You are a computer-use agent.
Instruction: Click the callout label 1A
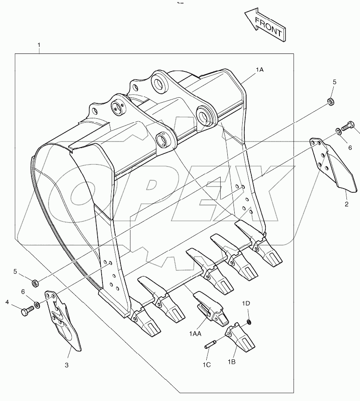(261, 70)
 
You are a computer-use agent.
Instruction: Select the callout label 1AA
(195, 334)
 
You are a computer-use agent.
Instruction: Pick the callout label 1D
(246, 304)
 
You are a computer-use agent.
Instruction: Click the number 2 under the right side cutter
(346, 204)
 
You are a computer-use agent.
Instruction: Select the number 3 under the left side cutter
(67, 365)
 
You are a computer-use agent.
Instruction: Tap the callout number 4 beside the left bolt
(7, 302)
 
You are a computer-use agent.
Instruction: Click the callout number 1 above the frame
(39, 45)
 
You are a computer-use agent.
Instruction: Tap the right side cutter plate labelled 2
(333, 167)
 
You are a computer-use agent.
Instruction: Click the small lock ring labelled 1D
(248, 323)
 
